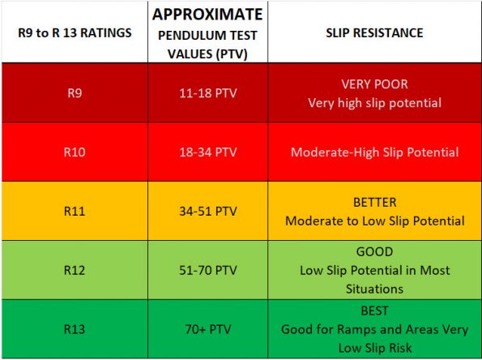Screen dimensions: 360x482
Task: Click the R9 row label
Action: (74, 92)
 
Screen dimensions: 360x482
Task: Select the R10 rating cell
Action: (74, 152)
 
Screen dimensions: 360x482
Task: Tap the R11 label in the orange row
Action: (74, 211)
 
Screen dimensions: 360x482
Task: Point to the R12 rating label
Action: (74, 270)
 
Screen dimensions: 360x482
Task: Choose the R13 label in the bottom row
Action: (74, 329)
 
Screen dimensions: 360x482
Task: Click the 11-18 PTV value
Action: (207, 92)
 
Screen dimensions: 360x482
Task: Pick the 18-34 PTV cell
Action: (207, 152)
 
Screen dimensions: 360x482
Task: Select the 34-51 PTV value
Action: (207, 211)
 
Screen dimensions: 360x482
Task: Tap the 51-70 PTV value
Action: (207, 270)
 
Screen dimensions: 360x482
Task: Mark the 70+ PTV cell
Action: (207, 329)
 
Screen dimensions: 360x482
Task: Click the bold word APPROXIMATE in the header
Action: (207, 14)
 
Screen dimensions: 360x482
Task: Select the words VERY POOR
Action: (373, 84)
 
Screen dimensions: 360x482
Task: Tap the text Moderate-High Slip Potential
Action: (373, 152)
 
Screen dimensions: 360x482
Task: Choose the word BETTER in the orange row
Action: (373, 202)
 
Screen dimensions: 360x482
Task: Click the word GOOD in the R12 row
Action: (373, 251)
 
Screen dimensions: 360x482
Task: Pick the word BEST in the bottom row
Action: (373, 311)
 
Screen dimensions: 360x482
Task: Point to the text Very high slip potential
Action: (373, 103)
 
